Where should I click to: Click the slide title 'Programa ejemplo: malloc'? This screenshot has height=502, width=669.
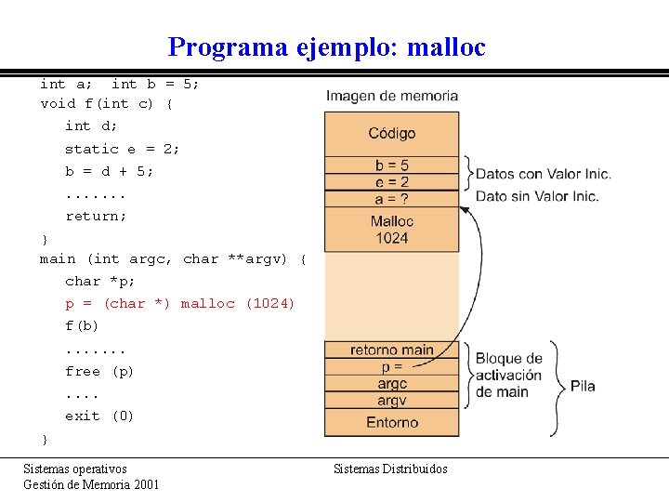coord(326,46)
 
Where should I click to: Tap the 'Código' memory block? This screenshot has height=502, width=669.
coord(391,134)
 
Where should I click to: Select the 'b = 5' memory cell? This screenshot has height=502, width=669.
coord(391,165)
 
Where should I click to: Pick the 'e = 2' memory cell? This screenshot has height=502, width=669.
coord(391,182)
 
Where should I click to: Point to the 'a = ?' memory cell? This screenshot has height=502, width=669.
coord(391,198)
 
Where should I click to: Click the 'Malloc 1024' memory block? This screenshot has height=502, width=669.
coord(391,229)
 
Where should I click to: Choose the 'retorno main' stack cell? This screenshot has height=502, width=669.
coord(391,350)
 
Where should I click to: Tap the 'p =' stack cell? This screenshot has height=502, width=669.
coord(391,366)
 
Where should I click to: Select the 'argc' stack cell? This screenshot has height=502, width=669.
coord(391,383)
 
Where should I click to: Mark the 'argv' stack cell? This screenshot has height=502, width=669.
coord(391,401)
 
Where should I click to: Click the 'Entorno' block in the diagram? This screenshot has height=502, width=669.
coord(391,422)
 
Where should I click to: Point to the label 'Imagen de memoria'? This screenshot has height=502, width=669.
coord(391,96)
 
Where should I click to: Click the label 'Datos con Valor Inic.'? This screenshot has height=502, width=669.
coord(543,174)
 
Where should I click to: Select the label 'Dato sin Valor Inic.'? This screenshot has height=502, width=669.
coord(537,196)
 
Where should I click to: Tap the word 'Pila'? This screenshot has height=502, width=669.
coord(583,386)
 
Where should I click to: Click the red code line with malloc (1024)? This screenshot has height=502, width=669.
coord(179,304)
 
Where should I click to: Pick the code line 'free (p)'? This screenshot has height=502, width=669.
coord(99,371)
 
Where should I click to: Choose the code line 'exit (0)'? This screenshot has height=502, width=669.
coord(99,416)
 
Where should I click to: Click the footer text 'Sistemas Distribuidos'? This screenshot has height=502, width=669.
coord(390,469)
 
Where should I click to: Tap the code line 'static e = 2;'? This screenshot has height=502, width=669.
coord(122,149)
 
